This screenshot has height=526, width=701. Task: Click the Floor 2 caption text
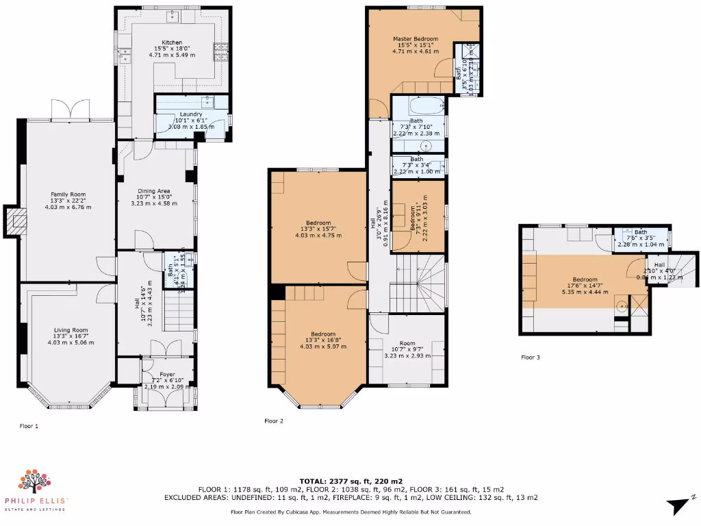pos(274,421)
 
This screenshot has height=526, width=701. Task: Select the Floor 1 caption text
pos(29,426)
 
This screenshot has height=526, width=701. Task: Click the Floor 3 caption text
pos(531,358)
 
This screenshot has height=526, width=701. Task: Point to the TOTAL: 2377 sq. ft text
pos(350,481)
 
